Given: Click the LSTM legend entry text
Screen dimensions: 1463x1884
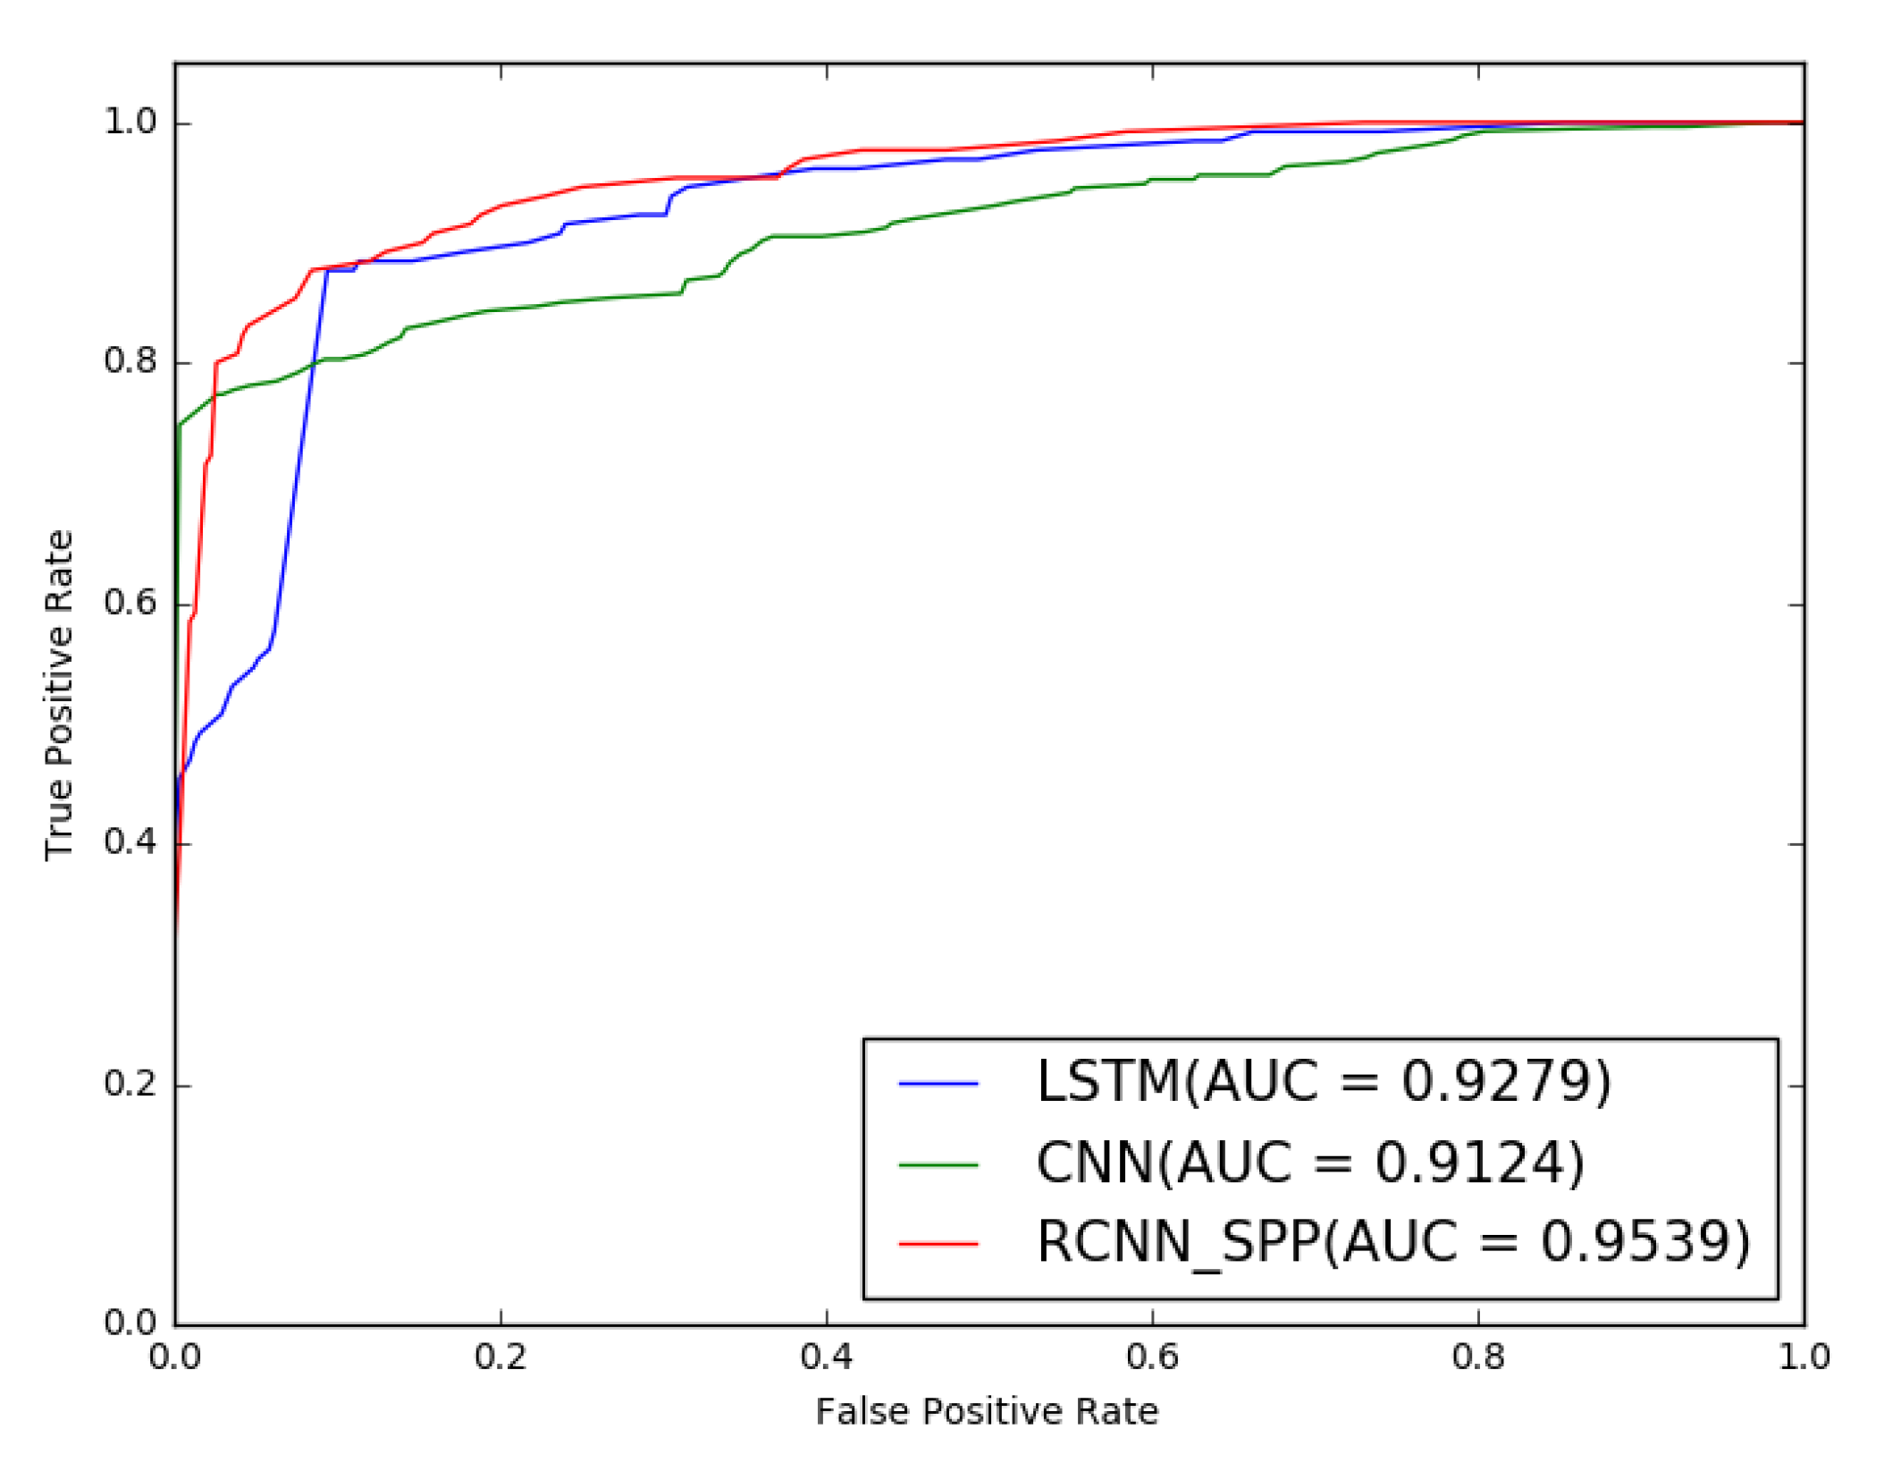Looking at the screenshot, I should pos(1324,1082).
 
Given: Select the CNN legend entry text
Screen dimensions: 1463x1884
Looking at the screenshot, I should pos(1310,1163).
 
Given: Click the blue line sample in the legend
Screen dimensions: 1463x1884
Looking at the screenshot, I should pos(938,1084).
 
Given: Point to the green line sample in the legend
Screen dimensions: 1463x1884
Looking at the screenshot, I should pos(938,1164).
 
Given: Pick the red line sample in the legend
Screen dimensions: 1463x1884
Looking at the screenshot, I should pos(938,1243).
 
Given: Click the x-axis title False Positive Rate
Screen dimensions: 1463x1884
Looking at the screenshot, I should pos(987,1411).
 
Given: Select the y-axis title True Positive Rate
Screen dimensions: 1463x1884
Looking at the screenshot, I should pos(59,695).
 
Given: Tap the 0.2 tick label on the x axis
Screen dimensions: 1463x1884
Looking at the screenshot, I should pos(500,1357).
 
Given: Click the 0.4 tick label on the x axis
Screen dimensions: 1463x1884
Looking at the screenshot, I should pos(827,1357).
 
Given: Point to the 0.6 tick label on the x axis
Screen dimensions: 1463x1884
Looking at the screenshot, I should pos(1152,1357).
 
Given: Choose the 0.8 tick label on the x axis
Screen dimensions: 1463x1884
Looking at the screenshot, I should pos(1478,1357).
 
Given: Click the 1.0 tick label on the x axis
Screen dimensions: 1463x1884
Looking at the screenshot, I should pos(1804,1357).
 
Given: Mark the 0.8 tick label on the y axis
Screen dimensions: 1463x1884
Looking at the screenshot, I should pos(130,361).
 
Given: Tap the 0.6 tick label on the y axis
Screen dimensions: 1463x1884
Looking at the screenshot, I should pos(130,603).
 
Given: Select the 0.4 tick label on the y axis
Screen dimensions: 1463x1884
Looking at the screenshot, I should pos(130,842).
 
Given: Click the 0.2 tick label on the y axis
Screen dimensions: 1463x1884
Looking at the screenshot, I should pos(130,1084).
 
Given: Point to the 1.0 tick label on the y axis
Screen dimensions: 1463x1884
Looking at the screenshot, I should pos(130,122).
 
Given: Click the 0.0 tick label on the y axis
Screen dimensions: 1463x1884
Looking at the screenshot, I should pos(130,1323).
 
